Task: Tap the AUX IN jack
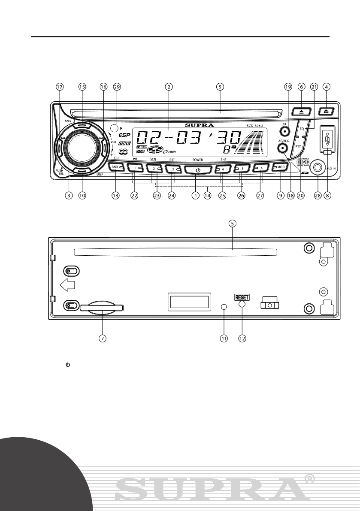point(318,168)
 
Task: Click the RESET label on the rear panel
point(242,296)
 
